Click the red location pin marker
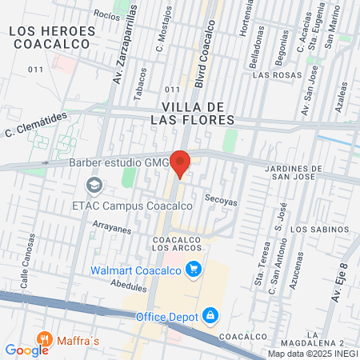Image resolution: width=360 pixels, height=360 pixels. coord(181,163)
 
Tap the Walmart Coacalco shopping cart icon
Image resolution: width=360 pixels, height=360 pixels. coord(193,270)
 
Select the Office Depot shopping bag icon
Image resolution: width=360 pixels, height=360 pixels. coord(210,317)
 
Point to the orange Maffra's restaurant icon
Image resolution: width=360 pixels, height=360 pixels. coord(45,339)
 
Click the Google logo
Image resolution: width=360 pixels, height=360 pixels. coord(26,350)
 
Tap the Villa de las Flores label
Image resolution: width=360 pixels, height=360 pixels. coord(198,112)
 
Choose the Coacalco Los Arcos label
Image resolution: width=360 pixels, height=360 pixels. coord(177,243)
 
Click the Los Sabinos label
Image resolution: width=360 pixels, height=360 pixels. coord(320,230)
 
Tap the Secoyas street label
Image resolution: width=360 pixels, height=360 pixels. coord(221,202)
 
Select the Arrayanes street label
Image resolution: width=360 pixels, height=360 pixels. coord(111,229)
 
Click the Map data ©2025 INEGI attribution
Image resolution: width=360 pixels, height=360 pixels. coord(313,353)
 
